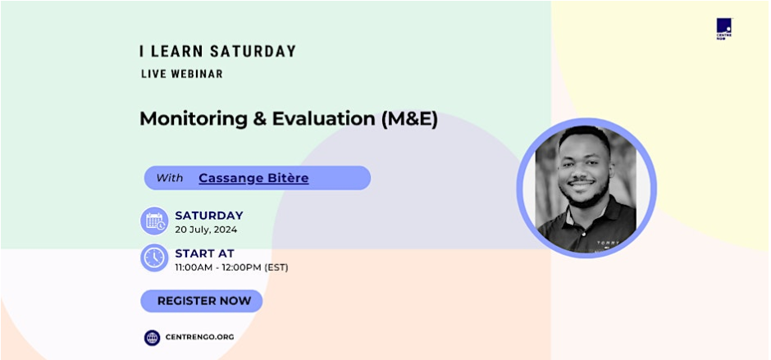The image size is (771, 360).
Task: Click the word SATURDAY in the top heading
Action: pyautogui.click(x=253, y=51)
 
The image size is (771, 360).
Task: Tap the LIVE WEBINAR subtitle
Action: pyautogui.click(x=182, y=74)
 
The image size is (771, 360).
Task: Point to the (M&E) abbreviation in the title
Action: pyautogui.click(x=409, y=119)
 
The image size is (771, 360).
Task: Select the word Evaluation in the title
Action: pyautogui.click(x=324, y=119)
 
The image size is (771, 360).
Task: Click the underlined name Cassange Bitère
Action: pyautogui.click(x=253, y=178)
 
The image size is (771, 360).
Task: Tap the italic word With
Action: pyautogui.click(x=170, y=178)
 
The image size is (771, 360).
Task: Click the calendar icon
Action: pyautogui.click(x=154, y=221)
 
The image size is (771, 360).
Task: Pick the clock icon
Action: pyautogui.click(x=154, y=257)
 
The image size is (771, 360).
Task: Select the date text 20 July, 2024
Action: pyautogui.click(x=206, y=229)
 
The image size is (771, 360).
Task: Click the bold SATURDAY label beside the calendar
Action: pyautogui.click(x=209, y=216)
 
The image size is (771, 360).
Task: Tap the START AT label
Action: pyautogui.click(x=204, y=253)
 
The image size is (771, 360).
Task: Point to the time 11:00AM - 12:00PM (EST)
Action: pyautogui.click(x=231, y=267)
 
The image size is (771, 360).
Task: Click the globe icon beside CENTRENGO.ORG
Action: pyautogui.click(x=152, y=337)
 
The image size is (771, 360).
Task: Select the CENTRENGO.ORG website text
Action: pyautogui.click(x=199, y=337)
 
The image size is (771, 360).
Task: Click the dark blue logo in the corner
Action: pyautogui.click(x=723, y=29)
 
